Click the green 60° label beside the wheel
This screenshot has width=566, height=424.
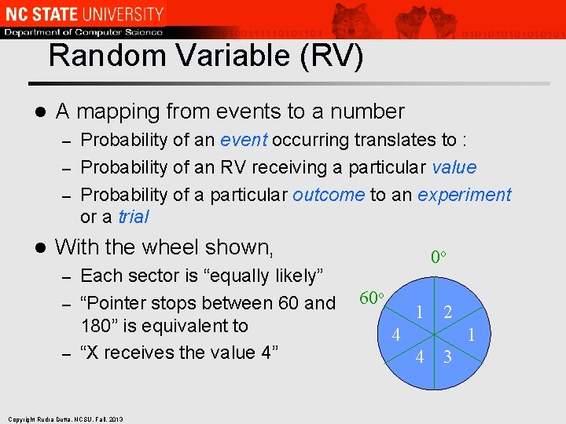(371, 298)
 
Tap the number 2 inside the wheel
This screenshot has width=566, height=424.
(447, 312)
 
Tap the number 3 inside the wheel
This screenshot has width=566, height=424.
(447, 357)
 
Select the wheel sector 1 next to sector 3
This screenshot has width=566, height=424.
(472, 334)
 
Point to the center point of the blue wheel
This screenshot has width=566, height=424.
(434, 334)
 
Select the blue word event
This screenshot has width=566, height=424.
(244, 141)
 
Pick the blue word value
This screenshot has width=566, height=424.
(454, 167)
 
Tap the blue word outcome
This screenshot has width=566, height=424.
(328, 195)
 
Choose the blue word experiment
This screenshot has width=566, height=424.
(464, 195)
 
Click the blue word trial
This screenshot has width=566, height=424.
(134, 217)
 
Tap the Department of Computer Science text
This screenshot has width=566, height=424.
(83, 32)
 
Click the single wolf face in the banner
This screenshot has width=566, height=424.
(353, 19)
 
